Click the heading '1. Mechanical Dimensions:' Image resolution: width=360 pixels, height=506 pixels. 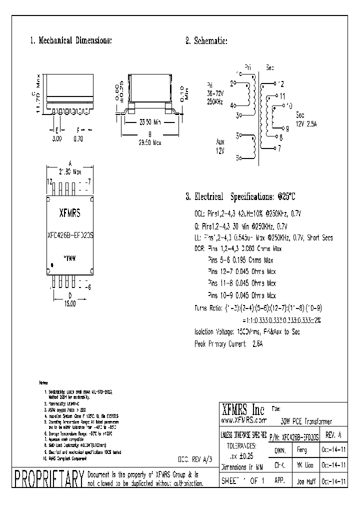pyautogui.click(x=71, y=40)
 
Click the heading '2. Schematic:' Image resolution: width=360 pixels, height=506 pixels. pyautogui.click(x=206, y=40)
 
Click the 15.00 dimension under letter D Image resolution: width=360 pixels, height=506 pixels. pyautogui.click(x=69, y=303)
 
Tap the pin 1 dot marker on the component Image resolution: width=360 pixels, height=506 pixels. pyautogui.click(x=49, y=264)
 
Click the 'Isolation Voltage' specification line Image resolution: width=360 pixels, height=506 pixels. pyautogui.click(x=247, y=331)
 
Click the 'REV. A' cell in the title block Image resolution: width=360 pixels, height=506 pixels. pyautogui.click(x=334, y=435)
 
